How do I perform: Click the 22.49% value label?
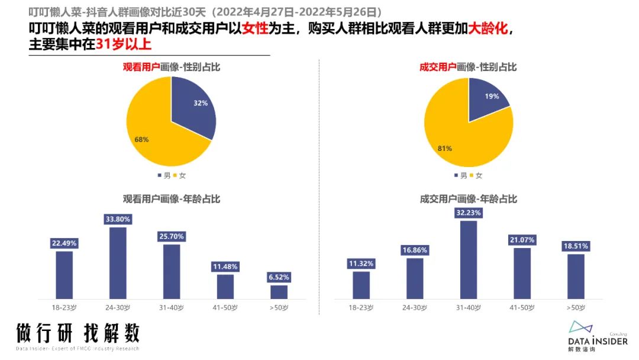pos(64,243)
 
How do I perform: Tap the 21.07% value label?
pos(522,240)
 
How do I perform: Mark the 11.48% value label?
pos(225,266)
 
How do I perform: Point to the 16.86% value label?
pos(415,250)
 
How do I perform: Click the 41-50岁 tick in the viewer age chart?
pos(225,307)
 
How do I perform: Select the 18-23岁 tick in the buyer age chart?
pos(361,307)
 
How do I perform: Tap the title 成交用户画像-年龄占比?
pos(468,200)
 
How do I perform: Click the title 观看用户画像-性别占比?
pos(171,67)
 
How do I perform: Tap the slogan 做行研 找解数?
pos(78,333)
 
